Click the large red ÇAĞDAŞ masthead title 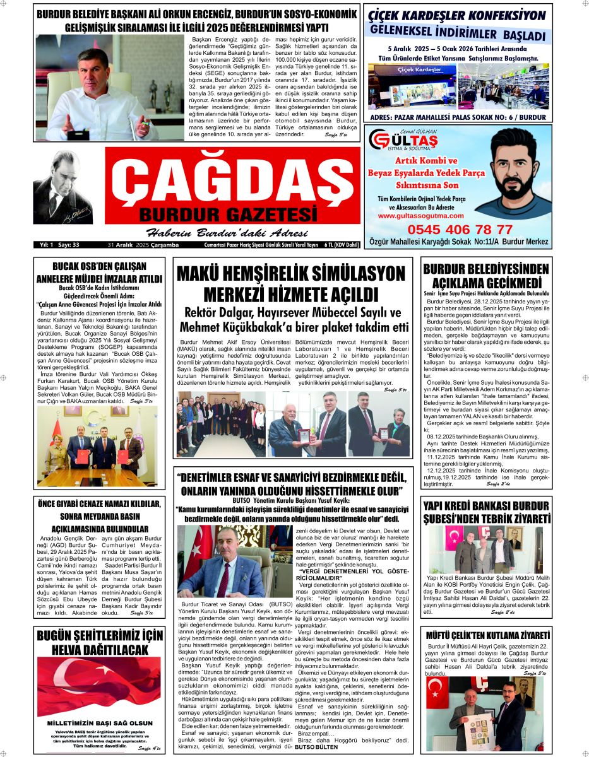coord(229,179)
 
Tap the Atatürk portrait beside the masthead coord(58,190)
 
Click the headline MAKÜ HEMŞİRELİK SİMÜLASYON coord(290,274)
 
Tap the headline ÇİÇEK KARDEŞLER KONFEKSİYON coord(456,15)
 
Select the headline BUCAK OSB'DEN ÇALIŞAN coord(99,267)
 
